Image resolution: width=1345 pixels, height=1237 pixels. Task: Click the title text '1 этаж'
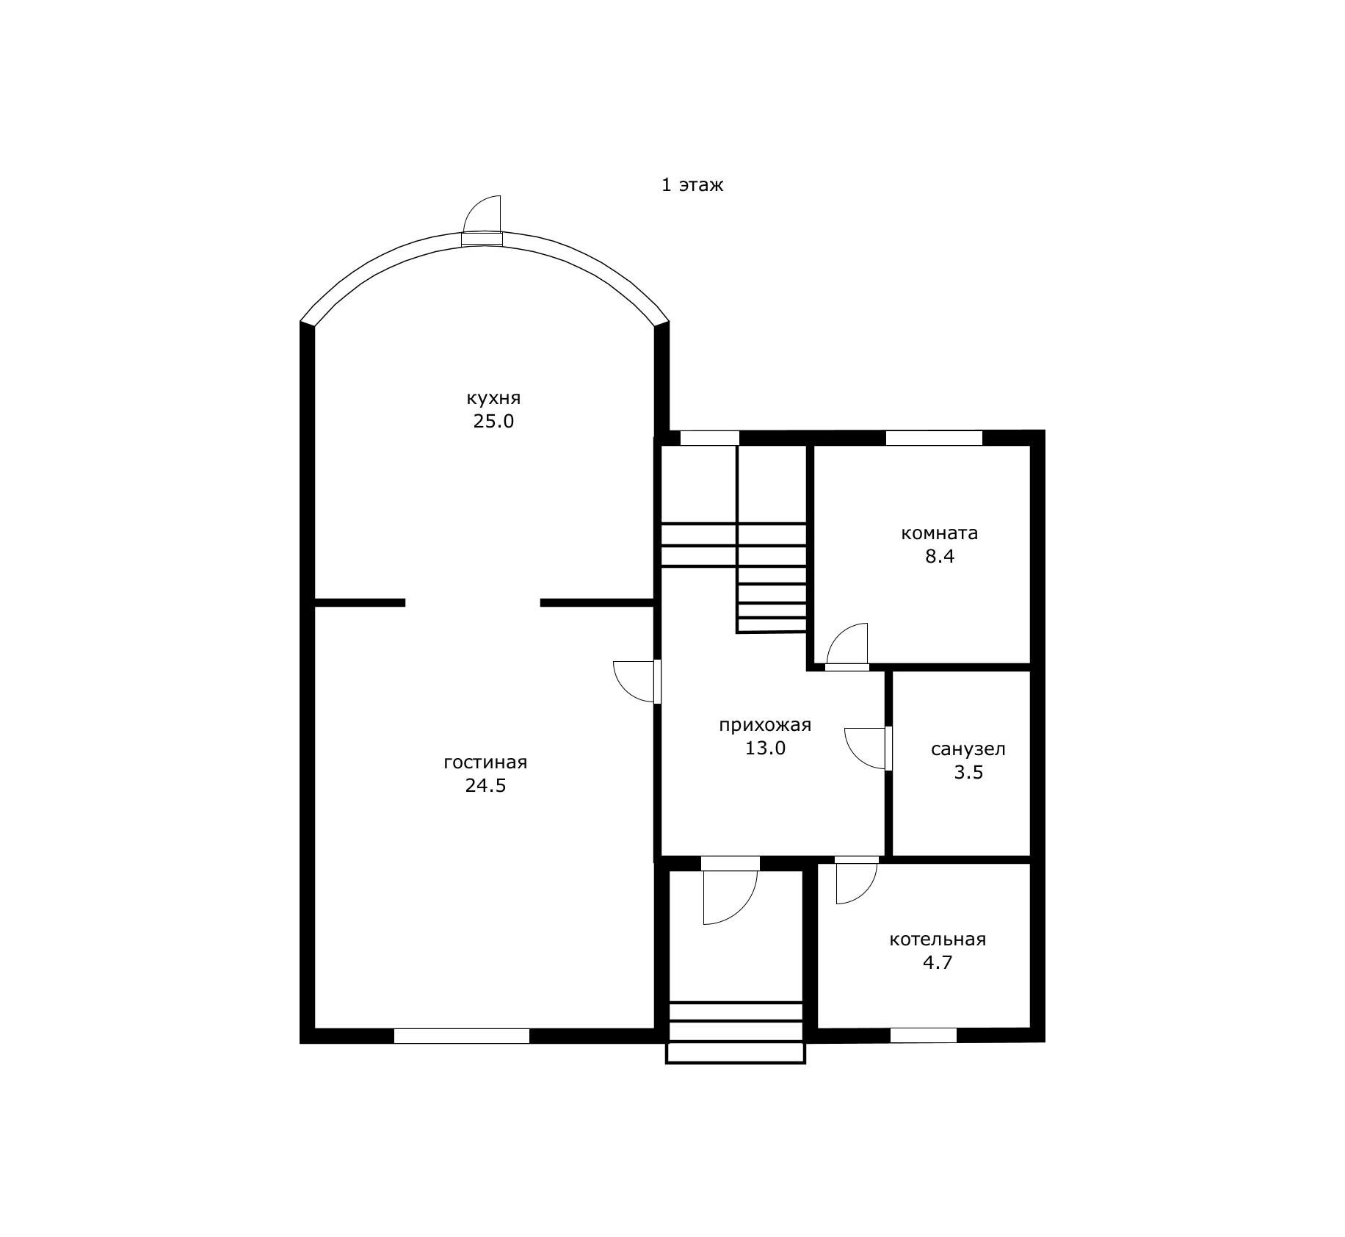tap(692, 185)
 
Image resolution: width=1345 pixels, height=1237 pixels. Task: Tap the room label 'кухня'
tap(493, 399)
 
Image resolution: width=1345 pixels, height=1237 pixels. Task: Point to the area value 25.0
tap(493, 422)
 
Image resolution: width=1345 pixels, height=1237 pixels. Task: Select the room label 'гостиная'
tap(485, 762)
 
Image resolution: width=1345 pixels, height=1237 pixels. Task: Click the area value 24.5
tap(485, 786)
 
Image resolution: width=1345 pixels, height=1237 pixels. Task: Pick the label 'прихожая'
tap(765, 726)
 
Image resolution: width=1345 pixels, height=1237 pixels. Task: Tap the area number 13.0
tap(765, 749)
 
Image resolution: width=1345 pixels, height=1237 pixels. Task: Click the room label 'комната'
tap(940, 533)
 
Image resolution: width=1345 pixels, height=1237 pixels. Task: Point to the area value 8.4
tap(940, 557)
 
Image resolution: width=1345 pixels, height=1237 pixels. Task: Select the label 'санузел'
tap(968, 750)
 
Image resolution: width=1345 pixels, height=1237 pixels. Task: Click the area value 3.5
tap(968, 773)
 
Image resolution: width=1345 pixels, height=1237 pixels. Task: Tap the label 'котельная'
tap(938, 940)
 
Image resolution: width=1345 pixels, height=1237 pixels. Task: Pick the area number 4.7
tap(938, 963)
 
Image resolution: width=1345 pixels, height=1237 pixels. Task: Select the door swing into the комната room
tap(847, 647)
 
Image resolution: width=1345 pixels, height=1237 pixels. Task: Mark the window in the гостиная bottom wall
tap(462, 1036)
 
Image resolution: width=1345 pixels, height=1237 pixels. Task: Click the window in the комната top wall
tap(934, 439)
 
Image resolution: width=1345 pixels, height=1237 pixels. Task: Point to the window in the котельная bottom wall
tap(924, 1036)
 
